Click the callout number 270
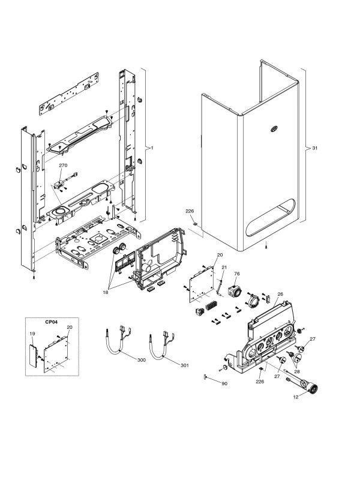point(63,164)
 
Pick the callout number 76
point(236,274)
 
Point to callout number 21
point(224,266)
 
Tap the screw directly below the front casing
point(266,246)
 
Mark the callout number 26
point(280,294)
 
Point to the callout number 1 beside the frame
point(152,148)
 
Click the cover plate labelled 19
point(33,354)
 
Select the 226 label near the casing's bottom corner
point(190,211)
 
